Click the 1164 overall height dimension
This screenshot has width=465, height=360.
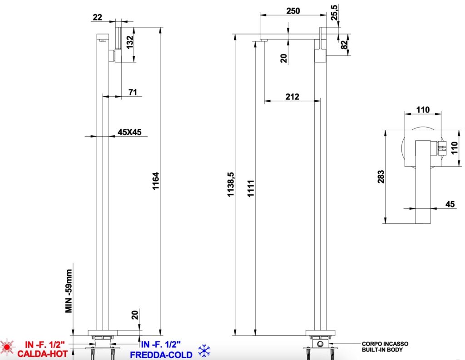(156, 181)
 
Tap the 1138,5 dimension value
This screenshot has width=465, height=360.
(231, 184)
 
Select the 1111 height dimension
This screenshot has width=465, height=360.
(251, 188)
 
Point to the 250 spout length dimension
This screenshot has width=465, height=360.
(293, 11)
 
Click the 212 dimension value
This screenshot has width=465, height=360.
(292, 97)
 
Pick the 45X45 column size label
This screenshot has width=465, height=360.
(129, 132)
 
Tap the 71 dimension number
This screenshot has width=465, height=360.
(133, 92)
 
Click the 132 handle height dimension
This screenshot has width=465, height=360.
(130, 43)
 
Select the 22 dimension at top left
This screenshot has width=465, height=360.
(97, 17)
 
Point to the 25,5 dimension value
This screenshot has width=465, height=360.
(335, 12)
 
